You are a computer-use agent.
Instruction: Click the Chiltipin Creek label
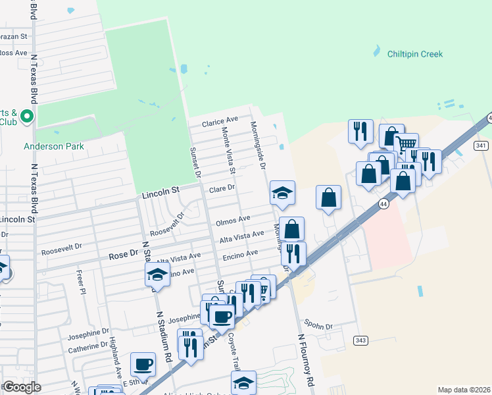(x=414, y=54)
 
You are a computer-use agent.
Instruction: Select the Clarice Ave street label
(x=220, y=121)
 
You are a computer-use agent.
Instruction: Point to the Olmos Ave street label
(x=233, y=219)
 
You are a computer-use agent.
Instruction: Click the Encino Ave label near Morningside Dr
(x=240, y=253)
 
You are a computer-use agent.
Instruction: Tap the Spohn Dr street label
(x=319, y=325)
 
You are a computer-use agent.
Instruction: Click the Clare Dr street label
(x=222, y=189)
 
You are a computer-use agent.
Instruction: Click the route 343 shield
(x=360, y=340)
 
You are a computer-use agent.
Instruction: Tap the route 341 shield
(x=480, y=145)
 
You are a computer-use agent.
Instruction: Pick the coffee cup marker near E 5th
(x=143, y=363)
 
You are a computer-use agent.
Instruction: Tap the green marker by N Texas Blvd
(x=27, y=117)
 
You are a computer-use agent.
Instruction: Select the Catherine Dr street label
(x=87, y=345)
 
